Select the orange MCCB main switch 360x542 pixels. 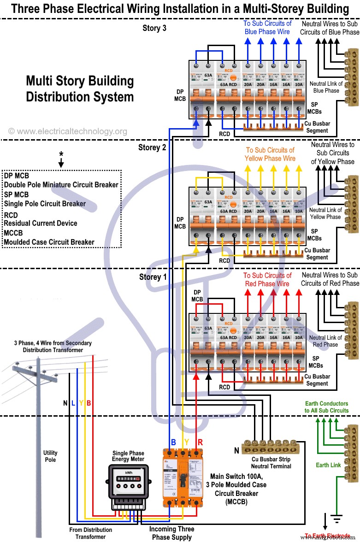[x=183, y=477]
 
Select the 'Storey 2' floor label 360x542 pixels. [x=152, y=147]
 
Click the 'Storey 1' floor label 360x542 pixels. [x=153, y=277]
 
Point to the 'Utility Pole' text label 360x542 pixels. [x=50, y=456]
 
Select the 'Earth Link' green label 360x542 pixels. [x=329, y=465]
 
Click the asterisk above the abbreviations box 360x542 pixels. [x=61, y=154]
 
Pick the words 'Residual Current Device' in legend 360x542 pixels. [x=41, y=223]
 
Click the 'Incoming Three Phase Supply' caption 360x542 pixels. [x=171, y=533]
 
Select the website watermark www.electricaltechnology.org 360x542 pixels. [x=68, y=131]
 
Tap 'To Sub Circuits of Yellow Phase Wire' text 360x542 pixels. [x=270, y=154]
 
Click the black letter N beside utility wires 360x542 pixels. [x=65, y=403]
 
